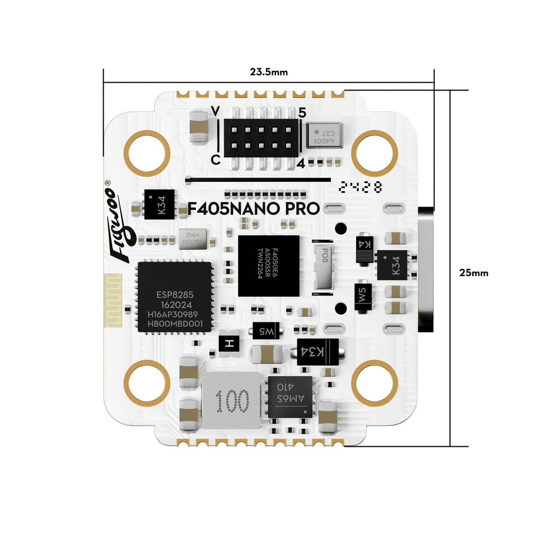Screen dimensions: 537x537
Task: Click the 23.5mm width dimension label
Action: click(268, 72)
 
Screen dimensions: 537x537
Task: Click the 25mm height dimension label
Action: click(473, 272)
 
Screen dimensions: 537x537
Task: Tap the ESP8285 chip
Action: click(174, 297)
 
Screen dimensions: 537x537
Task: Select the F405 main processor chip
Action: click(268, 266)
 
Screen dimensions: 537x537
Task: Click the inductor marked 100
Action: click(232, 401)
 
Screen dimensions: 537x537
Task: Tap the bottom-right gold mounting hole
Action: click(375, 383)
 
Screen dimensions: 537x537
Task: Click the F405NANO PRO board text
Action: click(253, 209)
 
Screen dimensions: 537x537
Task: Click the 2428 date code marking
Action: click(361, 187)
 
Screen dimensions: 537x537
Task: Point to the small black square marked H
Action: click(229, 343)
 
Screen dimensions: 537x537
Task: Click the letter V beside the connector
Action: click(215, 111)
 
